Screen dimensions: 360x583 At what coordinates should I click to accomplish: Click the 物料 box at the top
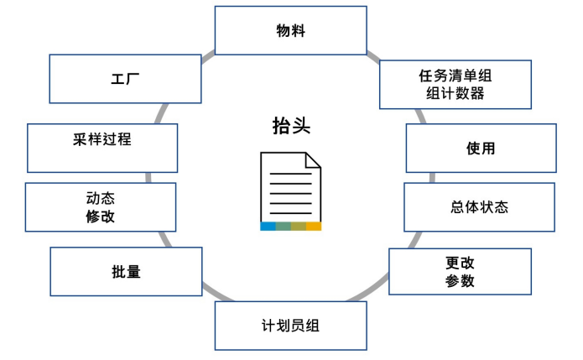click(x=290, y=31)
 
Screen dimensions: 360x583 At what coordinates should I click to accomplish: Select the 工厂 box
click(x=125, y=80)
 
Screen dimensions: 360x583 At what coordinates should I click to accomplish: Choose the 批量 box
click(x=126, y=271)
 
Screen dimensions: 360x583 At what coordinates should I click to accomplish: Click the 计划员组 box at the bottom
click(x=290, y=326)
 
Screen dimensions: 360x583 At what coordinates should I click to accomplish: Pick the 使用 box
click(x=481, y=149)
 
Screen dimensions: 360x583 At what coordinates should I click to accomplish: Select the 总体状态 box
click(x=479, y=207)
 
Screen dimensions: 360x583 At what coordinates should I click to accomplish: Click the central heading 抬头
click(x=290, y=126)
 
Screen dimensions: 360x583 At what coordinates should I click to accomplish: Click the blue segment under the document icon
click(x=268, y=227)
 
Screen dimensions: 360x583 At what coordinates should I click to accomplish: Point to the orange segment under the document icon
click(x=314, y=227)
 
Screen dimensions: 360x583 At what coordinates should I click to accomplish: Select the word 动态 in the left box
click(x=101, y=199)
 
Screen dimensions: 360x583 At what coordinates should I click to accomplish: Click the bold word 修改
click(x=101, y=217)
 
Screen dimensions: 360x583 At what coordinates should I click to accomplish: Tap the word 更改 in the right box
click(x=460, y=263)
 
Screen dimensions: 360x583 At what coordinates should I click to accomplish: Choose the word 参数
click(x=460, y=281)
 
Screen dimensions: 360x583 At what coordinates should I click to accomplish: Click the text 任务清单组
click(x=455, y=76)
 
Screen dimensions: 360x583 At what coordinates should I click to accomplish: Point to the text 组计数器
click(x=455, y=93)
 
